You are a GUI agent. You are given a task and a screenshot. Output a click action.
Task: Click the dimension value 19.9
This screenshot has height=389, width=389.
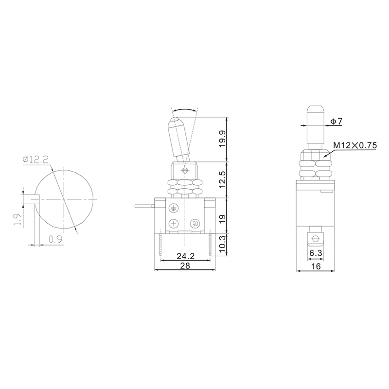pos(223,140)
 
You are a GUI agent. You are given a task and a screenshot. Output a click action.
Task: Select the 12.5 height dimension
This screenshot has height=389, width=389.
pos(223,180)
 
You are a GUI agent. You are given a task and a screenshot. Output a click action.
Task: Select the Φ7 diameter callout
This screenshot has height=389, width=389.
pos(334,121)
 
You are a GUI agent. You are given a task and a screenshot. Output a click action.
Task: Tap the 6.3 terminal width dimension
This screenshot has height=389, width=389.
pos(315,253)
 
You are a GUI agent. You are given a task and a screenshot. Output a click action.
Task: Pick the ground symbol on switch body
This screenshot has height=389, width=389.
pos(173,208)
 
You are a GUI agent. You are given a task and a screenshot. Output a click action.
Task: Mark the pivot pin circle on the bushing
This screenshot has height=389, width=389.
pos(184,171)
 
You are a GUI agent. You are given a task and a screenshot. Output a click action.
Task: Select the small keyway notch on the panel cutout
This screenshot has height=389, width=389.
pos(31,199)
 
